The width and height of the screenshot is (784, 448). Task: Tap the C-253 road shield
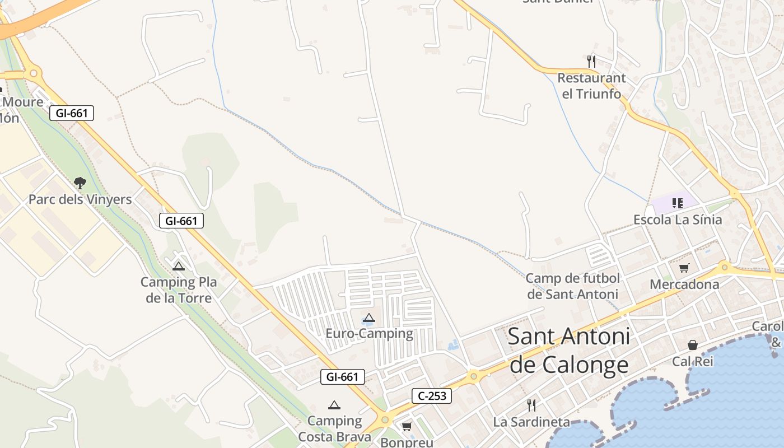point(432,396)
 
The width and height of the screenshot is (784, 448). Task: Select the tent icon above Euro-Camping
point(368,318)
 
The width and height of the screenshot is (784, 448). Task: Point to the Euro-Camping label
point(369,334)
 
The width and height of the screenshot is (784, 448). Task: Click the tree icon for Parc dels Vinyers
point(80,183)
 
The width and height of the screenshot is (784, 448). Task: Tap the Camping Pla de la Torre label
point(179,290)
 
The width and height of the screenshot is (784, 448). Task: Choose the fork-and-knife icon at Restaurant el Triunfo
point(591,60)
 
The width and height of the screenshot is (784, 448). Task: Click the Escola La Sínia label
point(678,220)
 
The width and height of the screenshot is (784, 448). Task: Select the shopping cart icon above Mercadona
point(684,268)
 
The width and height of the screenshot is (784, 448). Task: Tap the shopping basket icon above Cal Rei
point(693,344)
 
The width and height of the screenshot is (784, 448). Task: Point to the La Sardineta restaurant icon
point(531,405)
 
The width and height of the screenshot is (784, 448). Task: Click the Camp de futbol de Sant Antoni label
point(573,286)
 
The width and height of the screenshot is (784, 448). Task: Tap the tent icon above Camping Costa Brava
point(334,405)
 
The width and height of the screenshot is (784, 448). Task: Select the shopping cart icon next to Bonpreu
point(407,427)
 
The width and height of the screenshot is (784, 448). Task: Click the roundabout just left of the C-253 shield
point(385,419)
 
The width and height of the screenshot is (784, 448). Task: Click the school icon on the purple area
point(678,203)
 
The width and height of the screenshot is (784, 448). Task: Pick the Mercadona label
point(684,284)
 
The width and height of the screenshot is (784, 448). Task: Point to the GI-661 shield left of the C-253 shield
point(343,377)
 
